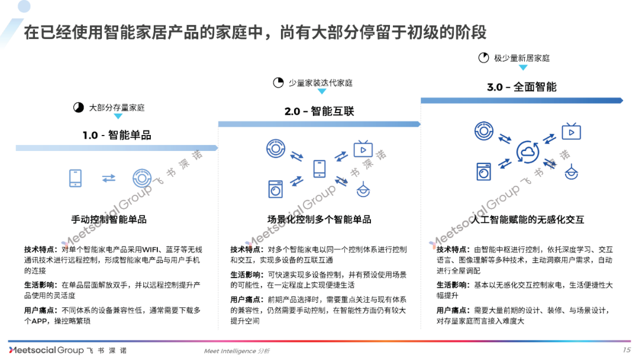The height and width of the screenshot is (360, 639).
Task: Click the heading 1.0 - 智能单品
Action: pyautogui.click(x=117, y=136)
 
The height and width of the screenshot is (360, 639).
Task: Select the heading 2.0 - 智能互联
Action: pyautogui.click(x=319, y=111)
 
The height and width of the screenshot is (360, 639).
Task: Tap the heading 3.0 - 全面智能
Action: pyautogui.click(x=521, y=87)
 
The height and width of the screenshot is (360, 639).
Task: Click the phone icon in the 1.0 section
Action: pyautogui.click(x=75, y=178)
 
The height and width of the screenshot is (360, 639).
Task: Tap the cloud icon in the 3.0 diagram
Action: pyautogui.click(x=527, y=153)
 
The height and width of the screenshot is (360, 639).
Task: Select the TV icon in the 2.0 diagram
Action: pyautogui.click(x=363, y=149)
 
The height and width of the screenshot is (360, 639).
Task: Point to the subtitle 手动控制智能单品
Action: pyautogui.click(x=109, y=220)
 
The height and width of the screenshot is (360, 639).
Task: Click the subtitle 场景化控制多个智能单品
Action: pyautogui.click(x=319, y=220)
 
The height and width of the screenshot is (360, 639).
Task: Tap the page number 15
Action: pyautogui.click(x=627, y=350)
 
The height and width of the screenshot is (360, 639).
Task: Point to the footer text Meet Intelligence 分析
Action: pyautogui.click(x=236, y=351)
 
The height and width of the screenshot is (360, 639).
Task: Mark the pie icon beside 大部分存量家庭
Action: pyautogui.click(x=78, y=108)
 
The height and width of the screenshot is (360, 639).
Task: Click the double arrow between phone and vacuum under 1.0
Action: pyautogui.click(x=109, y=178)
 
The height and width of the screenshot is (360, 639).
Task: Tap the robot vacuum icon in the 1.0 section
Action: pyautogui.click(x=142, y=178)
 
